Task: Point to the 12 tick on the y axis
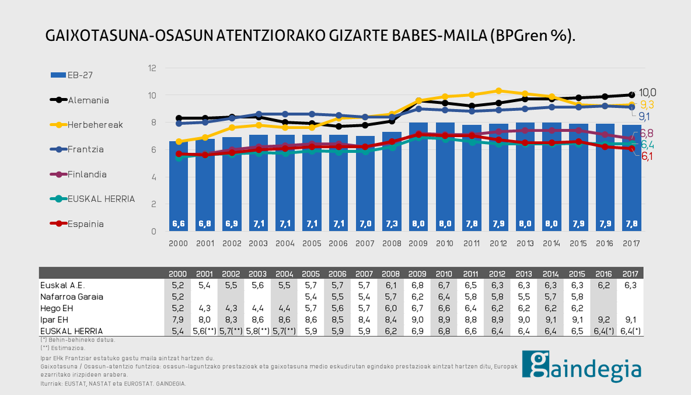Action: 152,68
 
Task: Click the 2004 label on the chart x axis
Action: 285,243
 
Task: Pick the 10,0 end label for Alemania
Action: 648,93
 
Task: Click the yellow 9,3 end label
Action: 646,105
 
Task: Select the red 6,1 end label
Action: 647,156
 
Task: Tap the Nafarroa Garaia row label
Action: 71,296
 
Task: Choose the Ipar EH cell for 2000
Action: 178,319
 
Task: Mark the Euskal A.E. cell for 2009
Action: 418,285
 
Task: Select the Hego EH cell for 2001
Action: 204,307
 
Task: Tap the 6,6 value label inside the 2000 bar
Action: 178,223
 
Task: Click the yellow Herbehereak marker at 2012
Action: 498,90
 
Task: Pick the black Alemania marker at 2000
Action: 178,118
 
